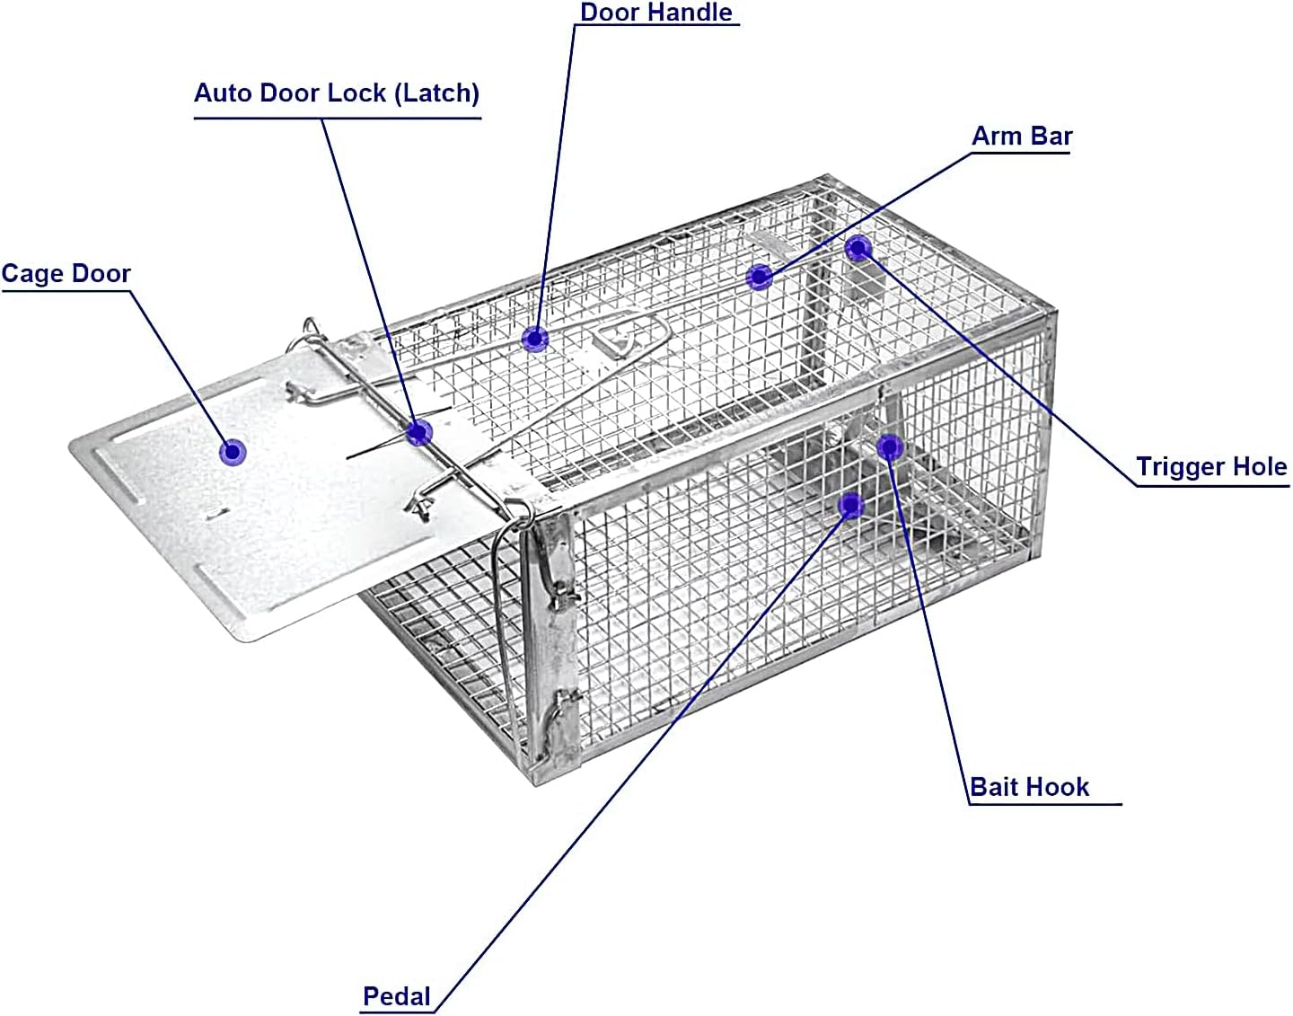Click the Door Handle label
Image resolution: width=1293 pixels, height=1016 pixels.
pyautogui.click(x=656, y=13)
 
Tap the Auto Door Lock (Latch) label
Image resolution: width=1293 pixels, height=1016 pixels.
pyautogui.click(x=337, y=93)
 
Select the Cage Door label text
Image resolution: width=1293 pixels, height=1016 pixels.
pyautogui.click(x=66, y=274)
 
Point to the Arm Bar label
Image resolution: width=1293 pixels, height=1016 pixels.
pyautogui.click(x=1022, y=137)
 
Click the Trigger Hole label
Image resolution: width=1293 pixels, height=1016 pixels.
pyautogui.click(x=1211, y=467)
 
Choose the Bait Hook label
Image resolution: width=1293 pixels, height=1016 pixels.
pyautogui.click(x=1030, y=788)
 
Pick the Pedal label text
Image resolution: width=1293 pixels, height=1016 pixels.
pyautogui.click(x=397, y=996)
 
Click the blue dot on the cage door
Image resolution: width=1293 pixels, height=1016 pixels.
pyautogui.click(x=233, y=451)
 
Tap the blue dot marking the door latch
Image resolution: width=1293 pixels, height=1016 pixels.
pyautogui.click(x=418, y=433)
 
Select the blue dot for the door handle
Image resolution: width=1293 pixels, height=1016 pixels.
pyautogui.click(x=535, y=340)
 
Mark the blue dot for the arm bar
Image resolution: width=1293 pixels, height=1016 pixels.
pyautogui.click(x=760, y=277)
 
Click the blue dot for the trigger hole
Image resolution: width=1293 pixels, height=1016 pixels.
pyautogui.click(x=858, y=248)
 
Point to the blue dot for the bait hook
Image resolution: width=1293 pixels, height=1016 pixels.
pyautogui.click(x=889, y=446)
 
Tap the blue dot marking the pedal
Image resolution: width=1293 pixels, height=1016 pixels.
pyautogui.click(x=851, y=506)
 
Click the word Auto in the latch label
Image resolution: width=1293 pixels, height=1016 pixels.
pyautogui.click(x=224, y=93)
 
